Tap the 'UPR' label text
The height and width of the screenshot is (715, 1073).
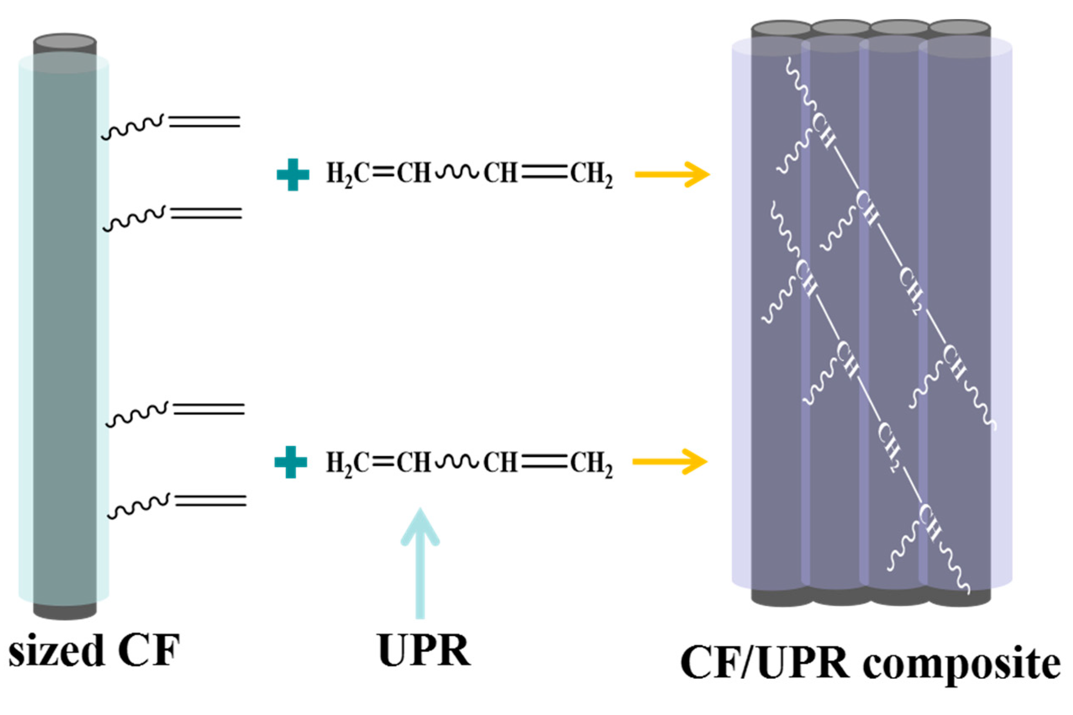(424, 650)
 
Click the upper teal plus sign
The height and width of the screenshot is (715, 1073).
(293, 175)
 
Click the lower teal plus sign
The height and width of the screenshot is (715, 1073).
(290, 462)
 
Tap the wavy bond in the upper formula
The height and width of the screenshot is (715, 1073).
(457, 172)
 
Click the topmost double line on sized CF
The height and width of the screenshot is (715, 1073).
(204, 121)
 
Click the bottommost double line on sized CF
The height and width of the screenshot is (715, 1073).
(210, 501)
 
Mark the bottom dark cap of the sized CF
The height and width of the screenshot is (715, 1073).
(65, 611)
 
